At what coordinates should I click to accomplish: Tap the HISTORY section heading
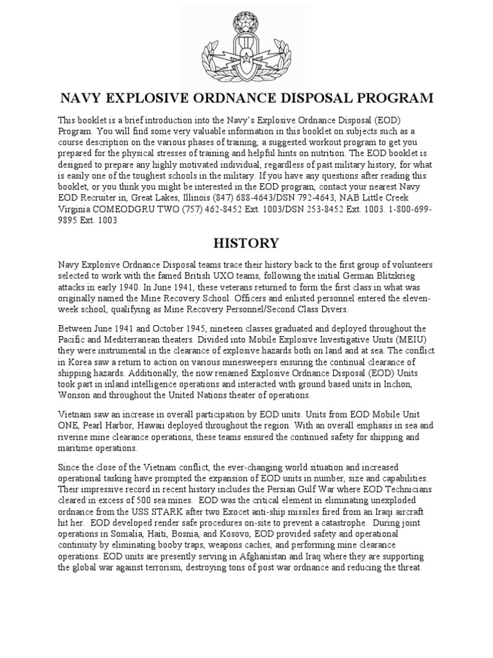[246, 244]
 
